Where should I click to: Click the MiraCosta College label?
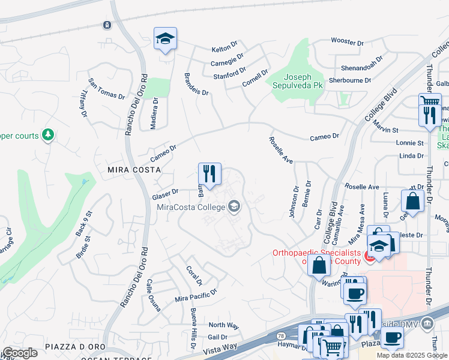pos(190,208)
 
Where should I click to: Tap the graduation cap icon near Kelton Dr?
pos(165,39)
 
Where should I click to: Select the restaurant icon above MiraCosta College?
pos(209,174)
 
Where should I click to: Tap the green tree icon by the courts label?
pos(47,136)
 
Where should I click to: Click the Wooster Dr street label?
pos(348,43)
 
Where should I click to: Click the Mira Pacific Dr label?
pos(195,295)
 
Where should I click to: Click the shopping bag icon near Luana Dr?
pos(412,200)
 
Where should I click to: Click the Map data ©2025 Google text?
pos(412,355)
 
